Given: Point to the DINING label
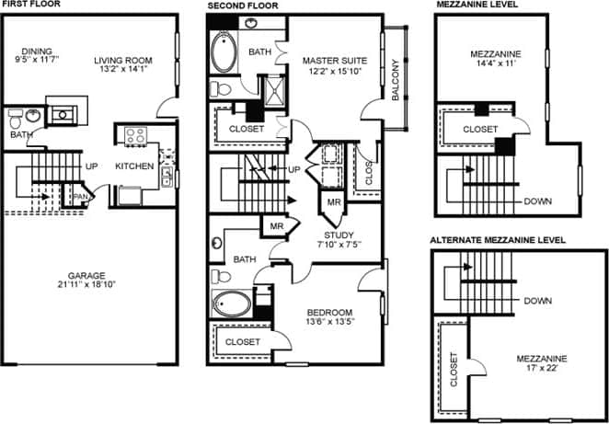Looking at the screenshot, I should coord(38,51).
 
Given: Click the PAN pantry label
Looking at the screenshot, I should coord(81,196).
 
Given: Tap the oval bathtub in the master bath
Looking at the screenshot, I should coord(224,52).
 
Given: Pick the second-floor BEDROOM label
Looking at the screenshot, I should coord(328,313).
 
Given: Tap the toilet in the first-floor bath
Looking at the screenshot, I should coord(16,118).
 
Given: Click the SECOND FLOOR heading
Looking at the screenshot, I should coord(242,5).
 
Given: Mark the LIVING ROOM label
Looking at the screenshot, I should coord(123,61).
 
